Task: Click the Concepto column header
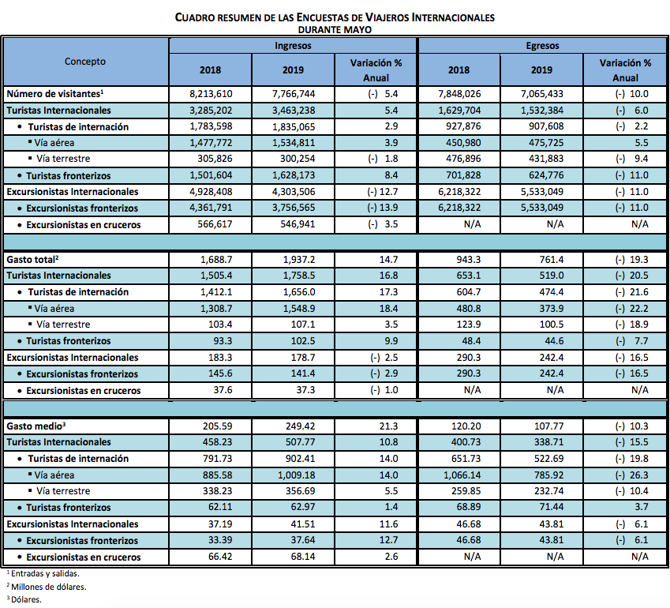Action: coord(85,61)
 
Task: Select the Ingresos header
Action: coord(293,45)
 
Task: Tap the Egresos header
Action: coord(542,45)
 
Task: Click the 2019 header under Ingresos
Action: coord(293,69)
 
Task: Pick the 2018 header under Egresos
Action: coord(459,69)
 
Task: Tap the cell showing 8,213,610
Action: coord(210,94)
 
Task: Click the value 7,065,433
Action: coord(541,94)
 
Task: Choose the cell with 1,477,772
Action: coord(210,143)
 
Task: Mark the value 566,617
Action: coord(210,224)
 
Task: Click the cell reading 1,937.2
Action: coord(293,260)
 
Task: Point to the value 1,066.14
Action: coord(459,475)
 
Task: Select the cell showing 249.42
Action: coord(293,426)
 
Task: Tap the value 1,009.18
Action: coord(293,475)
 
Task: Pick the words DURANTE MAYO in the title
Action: coord(335,28)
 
